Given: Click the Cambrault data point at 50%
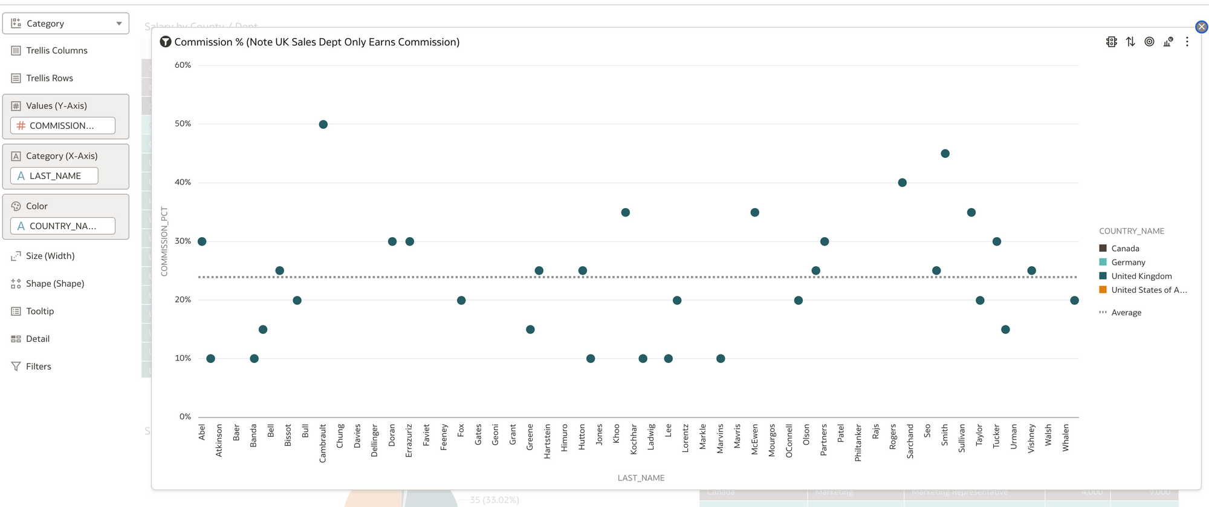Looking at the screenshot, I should (323, 125).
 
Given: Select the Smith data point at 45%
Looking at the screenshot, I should (945, 154).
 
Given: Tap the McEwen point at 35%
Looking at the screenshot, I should (754, 212).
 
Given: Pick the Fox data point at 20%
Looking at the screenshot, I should (461, 301).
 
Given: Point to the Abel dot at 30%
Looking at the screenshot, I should (202, 241).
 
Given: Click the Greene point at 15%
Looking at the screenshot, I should (530, 330).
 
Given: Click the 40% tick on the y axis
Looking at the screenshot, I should (183, 182).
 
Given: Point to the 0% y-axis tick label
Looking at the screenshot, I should (185, 417).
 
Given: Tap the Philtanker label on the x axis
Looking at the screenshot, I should (858, 443).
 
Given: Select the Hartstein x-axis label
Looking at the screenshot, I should (547, 441).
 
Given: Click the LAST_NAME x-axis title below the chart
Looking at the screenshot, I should (641, 478).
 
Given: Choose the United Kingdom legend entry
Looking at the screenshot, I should (1141, 276).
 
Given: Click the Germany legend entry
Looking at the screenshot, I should (1127, 263).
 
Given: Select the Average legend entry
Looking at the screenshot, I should (1126, 313).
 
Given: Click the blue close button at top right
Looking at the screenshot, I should (1201, 27).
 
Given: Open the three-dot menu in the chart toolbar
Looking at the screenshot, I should (1187, 42).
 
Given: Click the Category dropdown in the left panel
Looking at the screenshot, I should (66, 24).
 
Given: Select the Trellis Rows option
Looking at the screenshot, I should (50, 78).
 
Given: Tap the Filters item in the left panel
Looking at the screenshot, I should (39, 367).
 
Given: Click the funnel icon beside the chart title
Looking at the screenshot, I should (165, 42).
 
